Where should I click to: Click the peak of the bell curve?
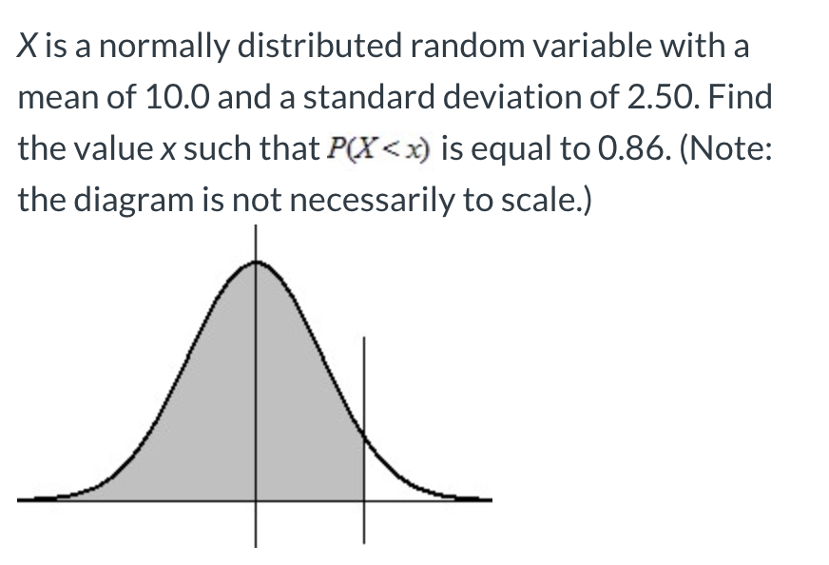255,263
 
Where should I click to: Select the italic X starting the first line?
28,47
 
